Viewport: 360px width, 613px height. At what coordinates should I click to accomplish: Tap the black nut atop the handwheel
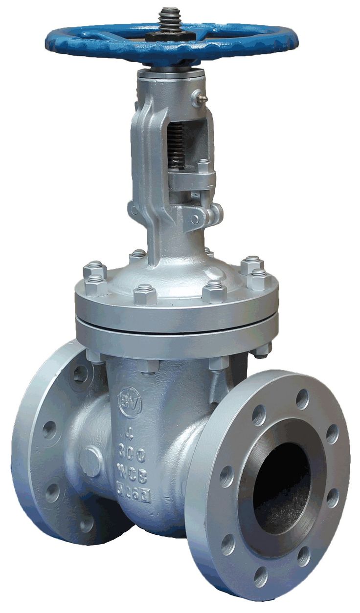pos(169,34)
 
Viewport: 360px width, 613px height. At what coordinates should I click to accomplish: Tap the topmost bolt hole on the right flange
pos(302,399)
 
